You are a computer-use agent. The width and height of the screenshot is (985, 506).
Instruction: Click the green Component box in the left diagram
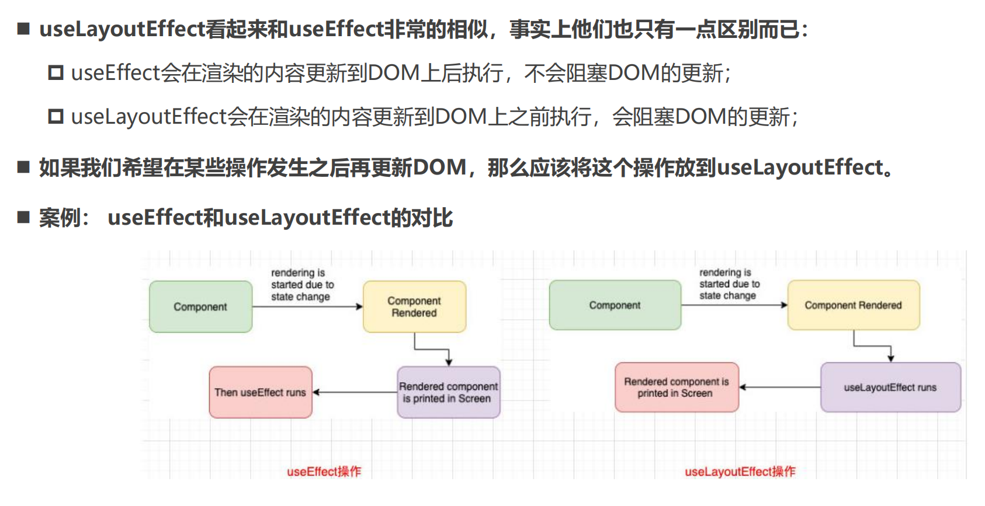pyautogui.click(x=200, y=307)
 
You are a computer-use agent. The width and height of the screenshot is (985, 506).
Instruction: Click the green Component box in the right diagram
pyautogui.click(x=615, y=305)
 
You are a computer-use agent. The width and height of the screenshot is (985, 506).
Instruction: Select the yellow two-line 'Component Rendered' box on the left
pyautogui.click(x=414, y=307)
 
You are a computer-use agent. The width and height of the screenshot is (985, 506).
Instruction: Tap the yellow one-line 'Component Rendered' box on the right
pyautogui.click(x=853, y=305)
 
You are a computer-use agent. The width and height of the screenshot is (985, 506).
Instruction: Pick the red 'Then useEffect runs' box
pyautogui.click(x=261, y=392)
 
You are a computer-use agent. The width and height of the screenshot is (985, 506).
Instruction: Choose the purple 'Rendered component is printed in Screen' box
pyautogui.click(x=448, y=392)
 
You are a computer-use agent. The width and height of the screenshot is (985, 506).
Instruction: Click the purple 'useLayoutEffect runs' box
pyautogui.click(x=890, y=388)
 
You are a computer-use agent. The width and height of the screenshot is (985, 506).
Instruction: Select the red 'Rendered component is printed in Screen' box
pyautogui.click(x=677, y=388)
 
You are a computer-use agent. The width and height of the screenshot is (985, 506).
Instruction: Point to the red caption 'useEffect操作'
pyautogui.click(x=324, y=472)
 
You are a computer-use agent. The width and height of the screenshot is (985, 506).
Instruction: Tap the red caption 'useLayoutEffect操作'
pyautogui.click(x=740, y=472)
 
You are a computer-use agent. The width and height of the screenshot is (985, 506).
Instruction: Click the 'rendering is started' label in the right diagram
pyautogui.click(x=729, y=284)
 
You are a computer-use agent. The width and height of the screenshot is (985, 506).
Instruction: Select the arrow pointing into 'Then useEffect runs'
pyautogui.click(x=355, y=392)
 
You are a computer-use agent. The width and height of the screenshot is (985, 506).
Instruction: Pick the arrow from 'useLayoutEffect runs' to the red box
pyautogui.click(x=780, y=387)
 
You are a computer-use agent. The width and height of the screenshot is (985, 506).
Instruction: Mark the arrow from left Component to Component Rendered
pyautogui.click(x=307, y=306)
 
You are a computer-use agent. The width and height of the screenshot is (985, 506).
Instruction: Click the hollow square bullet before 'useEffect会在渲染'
pyautogui.click(x=56, y=73)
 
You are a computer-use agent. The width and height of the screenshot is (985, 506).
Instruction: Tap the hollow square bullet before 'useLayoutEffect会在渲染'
pyautogui.click(x=56, y=117)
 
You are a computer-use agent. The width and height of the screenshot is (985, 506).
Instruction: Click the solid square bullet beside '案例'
pyautogui.click(x=23, y=218)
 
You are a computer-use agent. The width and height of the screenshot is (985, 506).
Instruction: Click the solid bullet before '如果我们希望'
pyautogui.click(x=23, y=167)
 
